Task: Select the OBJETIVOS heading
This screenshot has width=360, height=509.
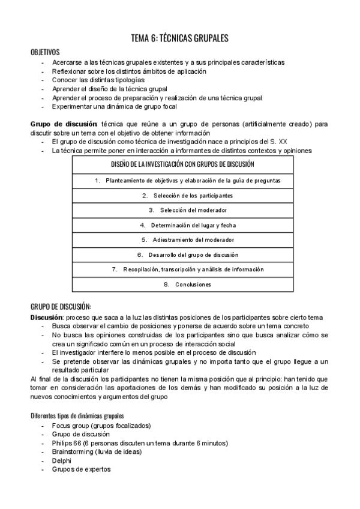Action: tap(45, 53)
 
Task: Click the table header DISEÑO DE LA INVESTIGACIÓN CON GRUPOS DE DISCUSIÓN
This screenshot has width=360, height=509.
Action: tap(182, 164)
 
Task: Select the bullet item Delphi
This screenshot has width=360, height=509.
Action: tap(62, 460)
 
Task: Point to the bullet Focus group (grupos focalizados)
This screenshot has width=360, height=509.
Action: tap(101, 426)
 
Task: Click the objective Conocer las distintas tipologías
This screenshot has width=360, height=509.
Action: tap(98, 80)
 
